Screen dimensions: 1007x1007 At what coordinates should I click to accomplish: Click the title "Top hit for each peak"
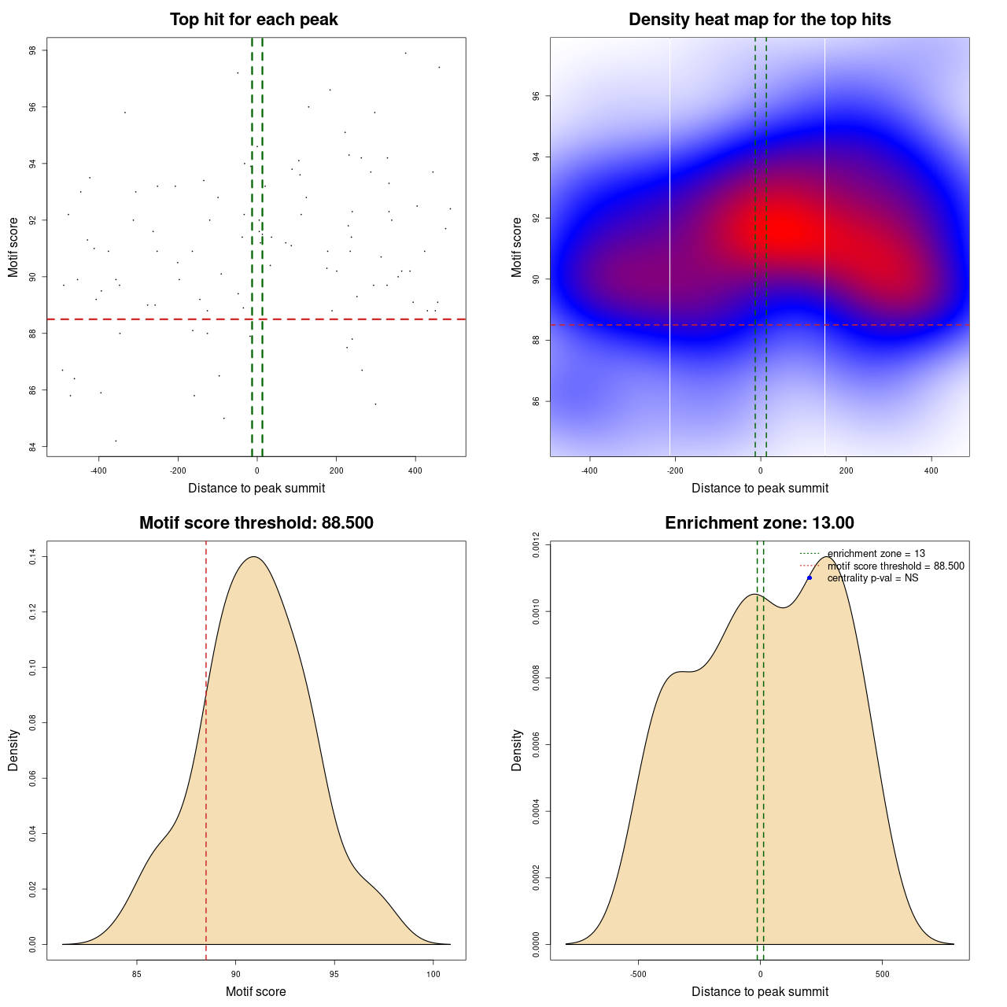click(x=254, y=20)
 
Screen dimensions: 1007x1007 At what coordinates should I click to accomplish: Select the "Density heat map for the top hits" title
click(x=759, y=20)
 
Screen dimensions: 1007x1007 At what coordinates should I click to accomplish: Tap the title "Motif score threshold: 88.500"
click(x=256, y=523)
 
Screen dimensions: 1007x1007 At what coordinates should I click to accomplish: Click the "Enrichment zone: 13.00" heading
click(x=759, y=523)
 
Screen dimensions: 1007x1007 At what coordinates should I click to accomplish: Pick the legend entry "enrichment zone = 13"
click(x=876, y=554)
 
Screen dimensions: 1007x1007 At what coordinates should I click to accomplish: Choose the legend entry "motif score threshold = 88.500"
click(x=895, y=566)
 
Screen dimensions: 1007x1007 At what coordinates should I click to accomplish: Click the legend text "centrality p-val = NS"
click(x=872, y=578)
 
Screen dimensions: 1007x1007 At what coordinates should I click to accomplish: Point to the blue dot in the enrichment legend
click(x=810, y=578)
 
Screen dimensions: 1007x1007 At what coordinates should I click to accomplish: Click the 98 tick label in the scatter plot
click(x=32, y=50)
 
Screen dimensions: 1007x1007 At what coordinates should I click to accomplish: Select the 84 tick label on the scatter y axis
click(x=32, y=447)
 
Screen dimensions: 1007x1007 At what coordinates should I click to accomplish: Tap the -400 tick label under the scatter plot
click(x=98, y=471)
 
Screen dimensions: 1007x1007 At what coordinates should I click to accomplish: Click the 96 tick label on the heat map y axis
click(x=536, y=96)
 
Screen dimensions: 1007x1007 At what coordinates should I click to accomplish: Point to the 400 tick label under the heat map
click(x=931, y=471)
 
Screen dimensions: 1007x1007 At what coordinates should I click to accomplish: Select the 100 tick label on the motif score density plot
click(x=433, y=975)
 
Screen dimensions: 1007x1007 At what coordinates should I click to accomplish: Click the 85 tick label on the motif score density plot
click(x=137, y=975)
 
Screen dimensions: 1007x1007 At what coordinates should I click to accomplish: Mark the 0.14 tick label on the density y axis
click(x=32, y=557)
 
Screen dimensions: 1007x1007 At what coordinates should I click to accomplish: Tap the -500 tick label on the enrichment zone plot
click(x=638, y=975)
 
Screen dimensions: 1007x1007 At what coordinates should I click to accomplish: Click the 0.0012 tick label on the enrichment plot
click(x=536, y=544)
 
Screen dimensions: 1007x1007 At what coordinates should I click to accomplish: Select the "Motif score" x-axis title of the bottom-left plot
click(x=256, y=992)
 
